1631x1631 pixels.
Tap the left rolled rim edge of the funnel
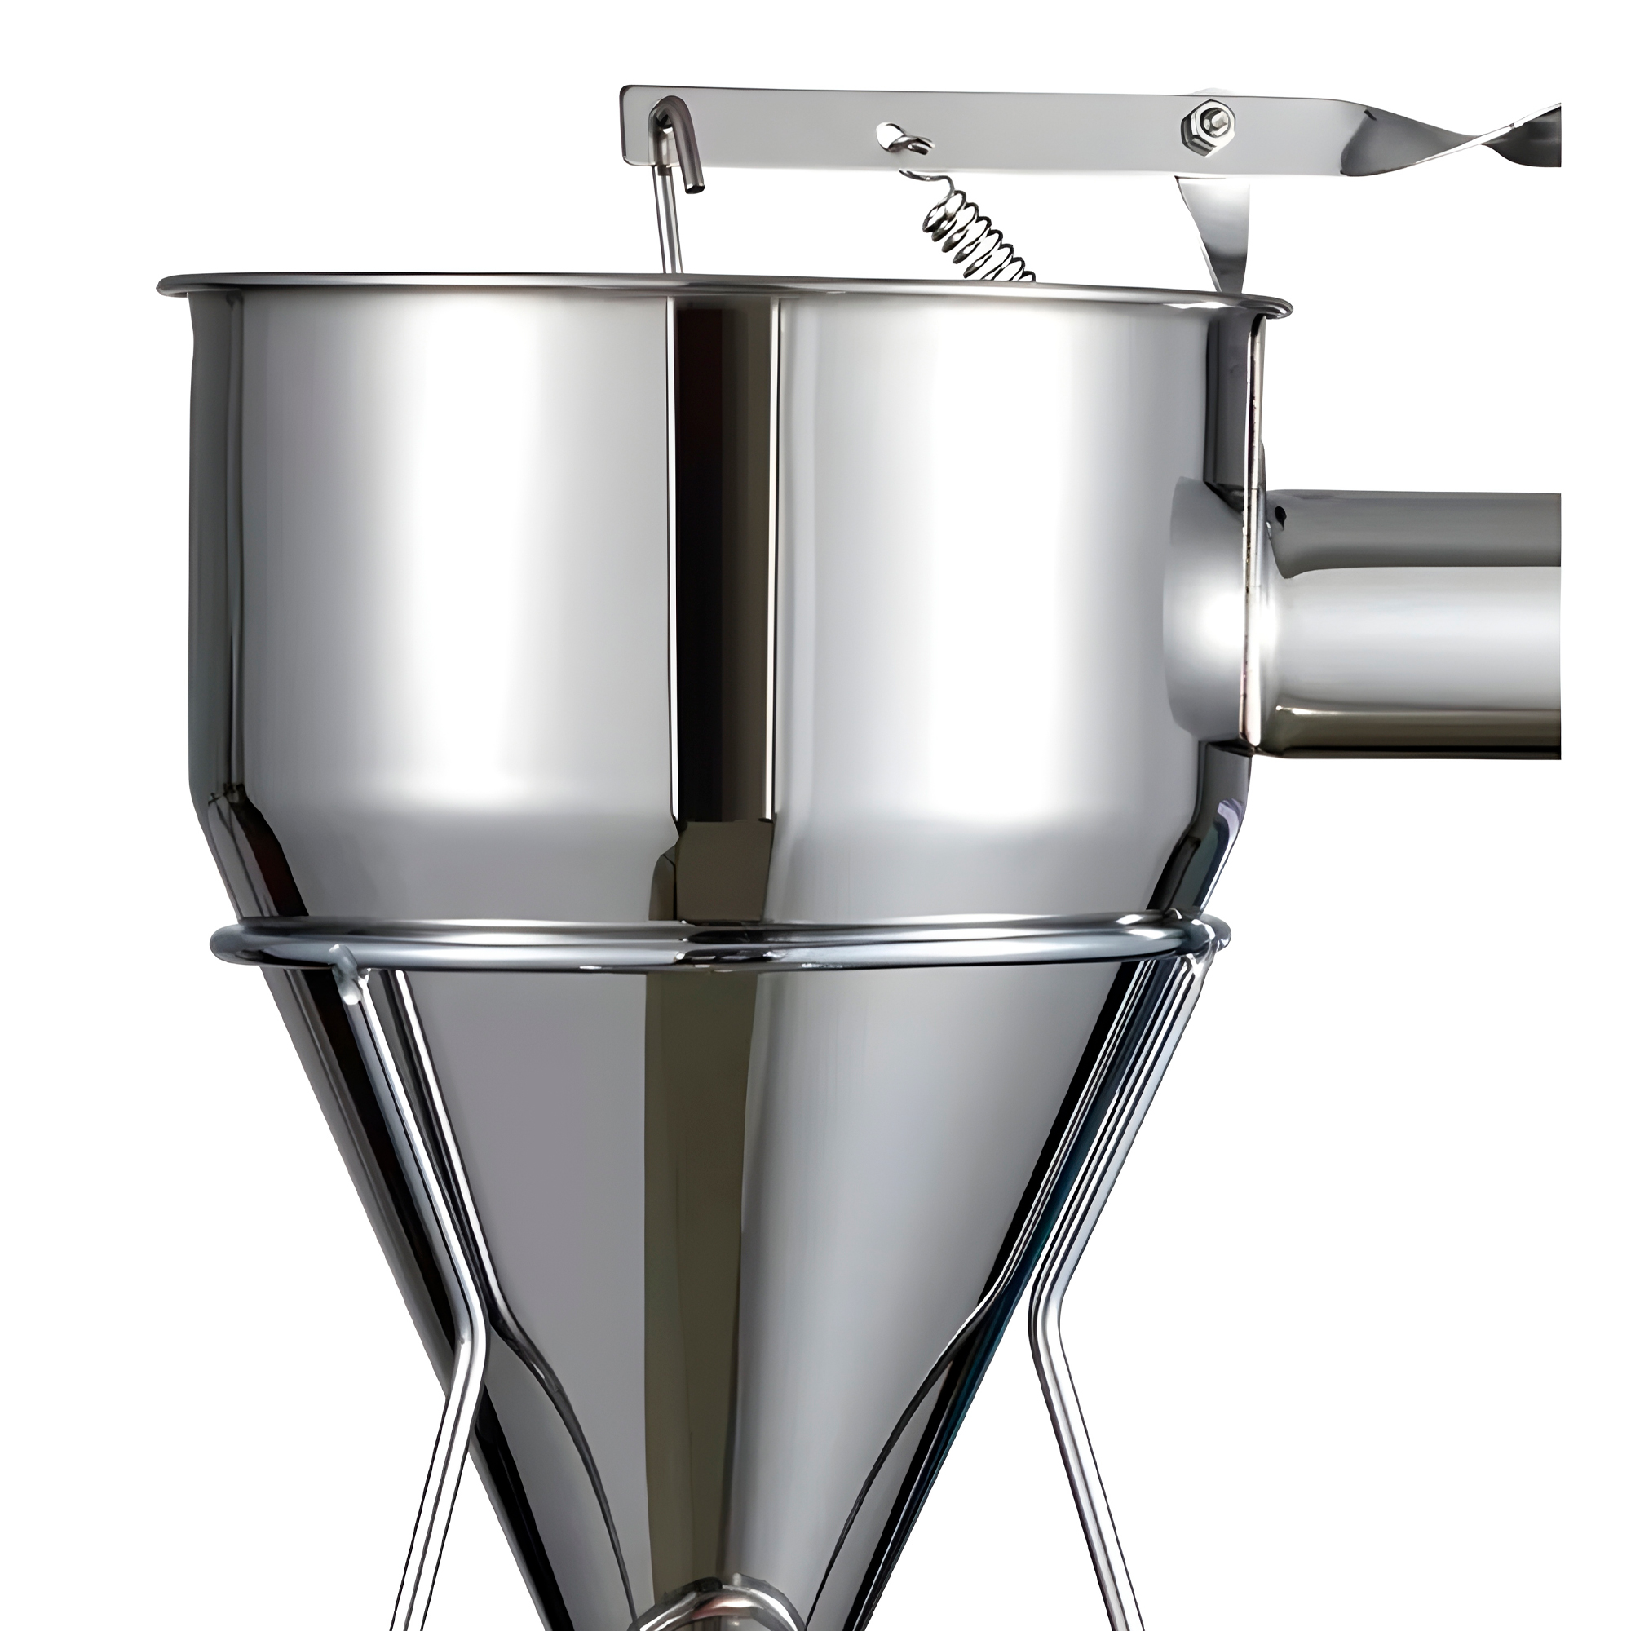click(x=169, y=285)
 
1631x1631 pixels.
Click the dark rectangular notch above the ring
click(x=722, y=873)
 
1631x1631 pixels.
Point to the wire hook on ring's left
click(x=346, y=970)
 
